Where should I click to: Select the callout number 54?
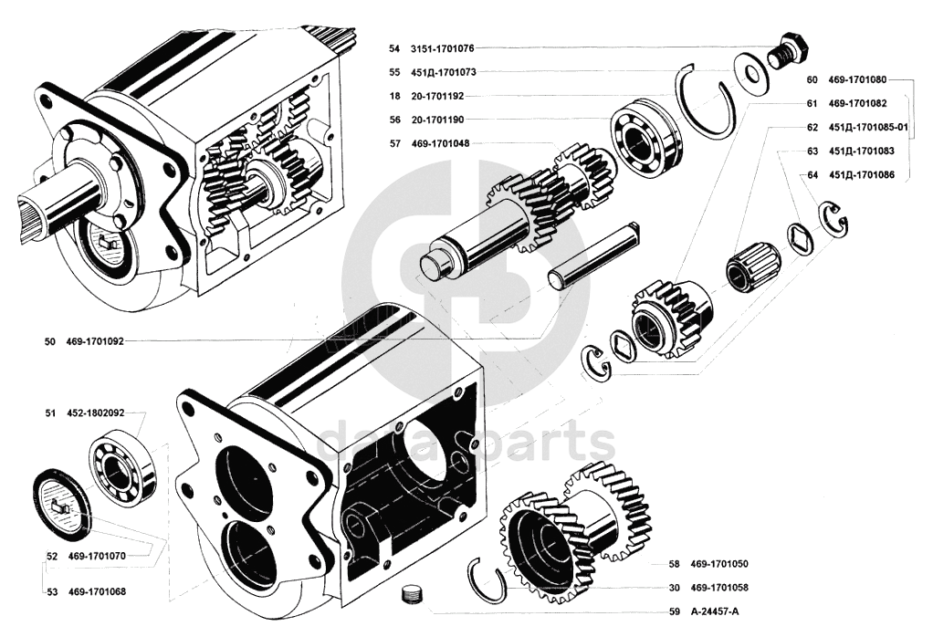click(393, 47)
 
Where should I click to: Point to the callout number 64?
click(812, 174)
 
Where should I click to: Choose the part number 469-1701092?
click(95, 342)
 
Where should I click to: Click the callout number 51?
click(51, 412)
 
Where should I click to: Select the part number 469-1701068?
click(96, 591)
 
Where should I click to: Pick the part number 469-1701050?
click(719, 564)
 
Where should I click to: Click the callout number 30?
click(673, 588)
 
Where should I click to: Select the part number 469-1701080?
click(858, 79)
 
